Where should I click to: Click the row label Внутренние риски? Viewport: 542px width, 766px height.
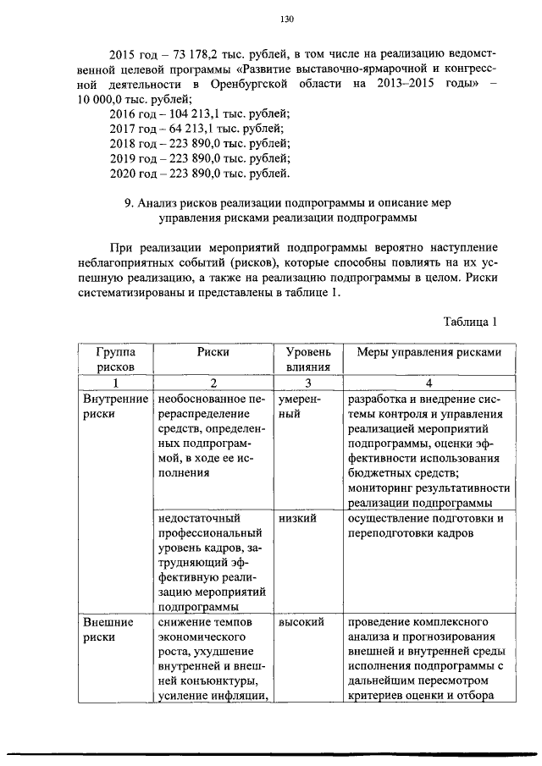coord(114,405)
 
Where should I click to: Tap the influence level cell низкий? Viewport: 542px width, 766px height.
coord(297,518)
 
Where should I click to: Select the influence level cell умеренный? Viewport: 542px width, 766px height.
coord(299,405)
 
